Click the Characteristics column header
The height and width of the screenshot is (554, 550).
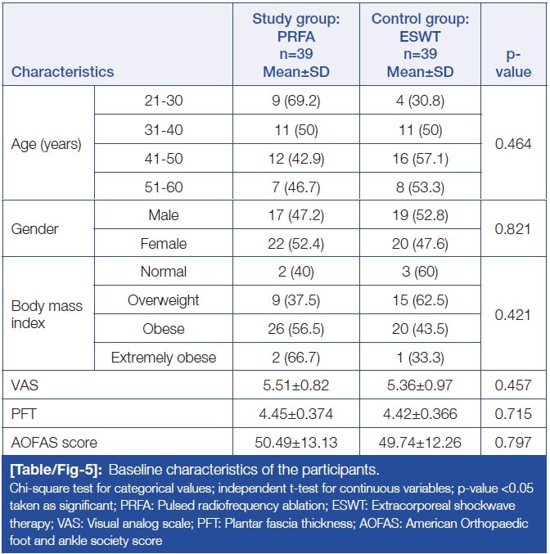pos(63,71)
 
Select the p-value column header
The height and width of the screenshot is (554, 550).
pos(513,62)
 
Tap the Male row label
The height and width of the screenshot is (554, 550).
pos(164,215)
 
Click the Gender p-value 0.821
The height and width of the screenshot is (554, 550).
pos(513,229)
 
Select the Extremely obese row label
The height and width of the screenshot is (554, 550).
pos(164,357)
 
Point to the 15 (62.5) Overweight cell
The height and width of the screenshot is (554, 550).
pos(420,300)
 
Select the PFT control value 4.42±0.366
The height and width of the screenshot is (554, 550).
pos(420,414)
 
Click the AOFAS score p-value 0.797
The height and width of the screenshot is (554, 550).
pos(513,443)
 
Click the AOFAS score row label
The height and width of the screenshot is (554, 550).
pos(54,443)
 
